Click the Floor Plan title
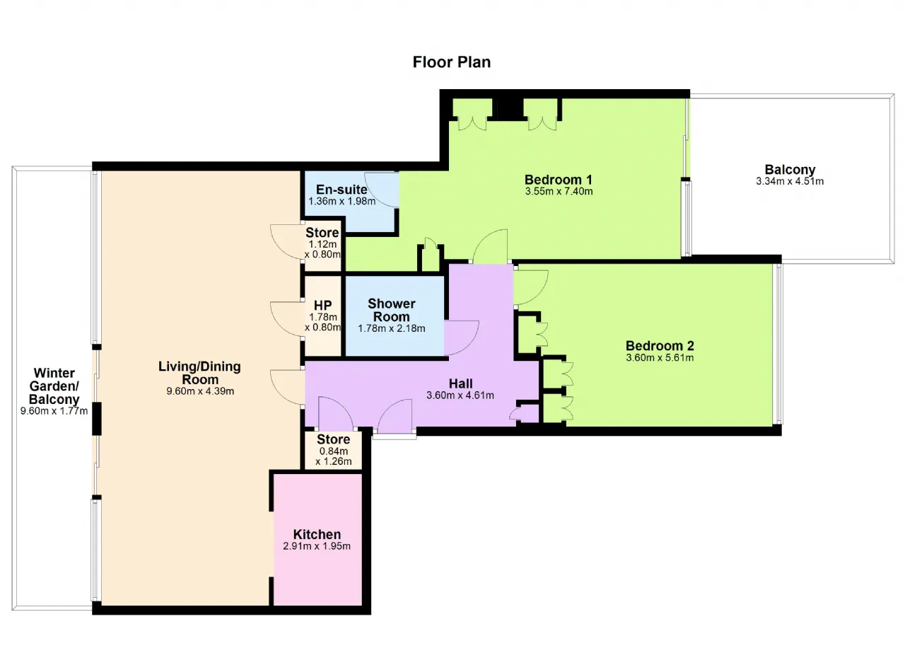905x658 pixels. point(451,62)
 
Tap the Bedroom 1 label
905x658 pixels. point(559,180)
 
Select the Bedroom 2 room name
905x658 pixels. point(660,345)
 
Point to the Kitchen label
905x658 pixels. point(317,534)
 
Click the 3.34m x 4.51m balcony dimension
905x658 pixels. point(790,181)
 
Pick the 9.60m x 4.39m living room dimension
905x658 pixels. point(200,391)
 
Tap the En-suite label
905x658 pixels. point(341,189)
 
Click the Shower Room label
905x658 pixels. point(391,310)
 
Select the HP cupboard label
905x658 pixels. point(323,305)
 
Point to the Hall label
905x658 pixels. point(460,383)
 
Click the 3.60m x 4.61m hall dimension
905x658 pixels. point(460,395)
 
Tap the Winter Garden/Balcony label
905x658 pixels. point(54,386)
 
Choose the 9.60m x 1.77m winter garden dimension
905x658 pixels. point(54,411)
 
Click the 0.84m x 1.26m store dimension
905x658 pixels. point(333,456)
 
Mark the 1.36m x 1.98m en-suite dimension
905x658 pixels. point(341,201)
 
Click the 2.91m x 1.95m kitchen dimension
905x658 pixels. point(317,546)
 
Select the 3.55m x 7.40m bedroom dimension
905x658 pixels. point(559,191)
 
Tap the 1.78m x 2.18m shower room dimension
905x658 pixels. point(392,328)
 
